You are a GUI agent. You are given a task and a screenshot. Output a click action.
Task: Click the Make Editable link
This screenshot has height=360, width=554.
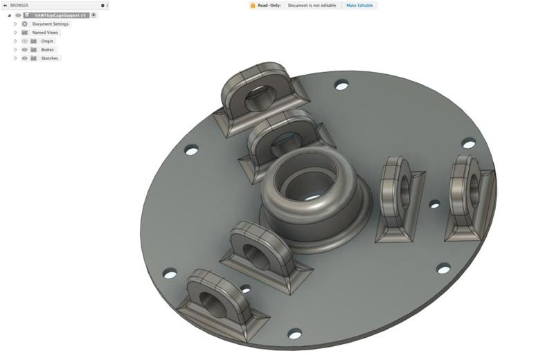click(x=360, y=5)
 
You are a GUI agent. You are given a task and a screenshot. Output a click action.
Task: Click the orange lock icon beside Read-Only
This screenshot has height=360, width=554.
click(x=253, y=5)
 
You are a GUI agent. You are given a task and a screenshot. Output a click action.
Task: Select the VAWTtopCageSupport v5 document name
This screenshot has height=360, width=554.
click(x=61, y=15)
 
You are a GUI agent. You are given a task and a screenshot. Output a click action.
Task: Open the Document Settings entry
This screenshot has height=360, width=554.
click(x=51, y=24)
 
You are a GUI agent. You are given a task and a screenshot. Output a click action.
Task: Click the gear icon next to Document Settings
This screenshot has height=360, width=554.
click(x=25, y=24)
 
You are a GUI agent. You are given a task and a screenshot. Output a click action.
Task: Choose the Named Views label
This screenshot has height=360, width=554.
click(x=45, y=33)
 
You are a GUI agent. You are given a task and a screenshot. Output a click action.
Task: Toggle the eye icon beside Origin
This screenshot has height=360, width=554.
click(x=25, y=41)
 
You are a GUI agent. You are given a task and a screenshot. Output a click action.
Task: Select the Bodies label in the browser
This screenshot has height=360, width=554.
click(x=47, y=50)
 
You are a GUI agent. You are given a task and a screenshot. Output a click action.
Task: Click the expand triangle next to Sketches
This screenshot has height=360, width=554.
click(x=15, y=58)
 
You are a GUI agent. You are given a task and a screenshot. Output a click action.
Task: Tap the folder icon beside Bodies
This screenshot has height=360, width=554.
click(x=33, y=50)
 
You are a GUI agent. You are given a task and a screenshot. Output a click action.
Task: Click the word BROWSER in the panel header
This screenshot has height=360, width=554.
click(x=19, y=5)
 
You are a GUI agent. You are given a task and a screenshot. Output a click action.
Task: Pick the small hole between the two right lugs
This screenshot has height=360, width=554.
click(x=434, y=204)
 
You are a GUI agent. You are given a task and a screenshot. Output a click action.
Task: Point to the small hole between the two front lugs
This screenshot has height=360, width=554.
click(x=245, y=289)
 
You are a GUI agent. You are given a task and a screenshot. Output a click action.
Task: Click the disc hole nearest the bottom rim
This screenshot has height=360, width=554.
click(x=294, y=334)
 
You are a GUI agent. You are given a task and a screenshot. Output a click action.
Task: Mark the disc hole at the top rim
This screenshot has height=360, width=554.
click(x=341, y=85)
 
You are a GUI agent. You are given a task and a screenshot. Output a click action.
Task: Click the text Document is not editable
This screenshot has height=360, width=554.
click(x=312, y=5)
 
